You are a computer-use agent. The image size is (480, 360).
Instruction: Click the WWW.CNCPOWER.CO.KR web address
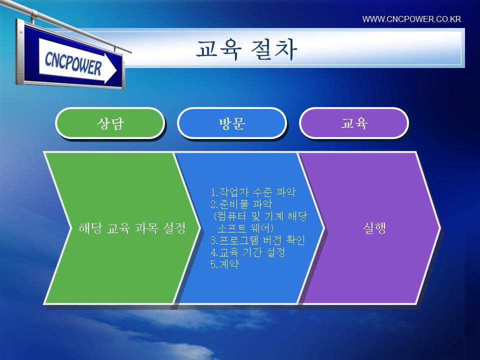[411, 19]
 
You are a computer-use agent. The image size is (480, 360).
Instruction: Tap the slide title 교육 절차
[246, 49]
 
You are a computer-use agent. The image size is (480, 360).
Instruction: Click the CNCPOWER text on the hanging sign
[73, 63]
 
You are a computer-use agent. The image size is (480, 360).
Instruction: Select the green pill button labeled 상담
[110, 123]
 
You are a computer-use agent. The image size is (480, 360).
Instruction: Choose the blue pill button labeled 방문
[232, 123]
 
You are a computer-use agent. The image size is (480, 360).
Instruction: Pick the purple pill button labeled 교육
[354, 123]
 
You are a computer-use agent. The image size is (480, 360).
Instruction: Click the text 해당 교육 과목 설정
[132, 228]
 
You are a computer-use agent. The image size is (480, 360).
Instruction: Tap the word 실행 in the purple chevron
[374, 228]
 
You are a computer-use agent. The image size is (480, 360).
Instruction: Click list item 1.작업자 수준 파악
[253, 192]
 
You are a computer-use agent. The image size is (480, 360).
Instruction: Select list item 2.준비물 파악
[241, 204]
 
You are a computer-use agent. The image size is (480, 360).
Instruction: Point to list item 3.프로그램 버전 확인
[257, 240]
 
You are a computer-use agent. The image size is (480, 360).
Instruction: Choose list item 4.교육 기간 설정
[247, 252]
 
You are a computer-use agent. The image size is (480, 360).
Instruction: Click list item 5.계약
[224, 264]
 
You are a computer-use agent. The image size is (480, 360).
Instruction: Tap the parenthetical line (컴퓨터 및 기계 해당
[260, 216]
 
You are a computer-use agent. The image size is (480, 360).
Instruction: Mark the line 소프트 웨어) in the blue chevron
[245, 228]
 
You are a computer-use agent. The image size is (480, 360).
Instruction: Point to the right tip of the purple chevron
[440, 228]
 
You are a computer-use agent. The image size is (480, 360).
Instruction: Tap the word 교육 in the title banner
[218, 49]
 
